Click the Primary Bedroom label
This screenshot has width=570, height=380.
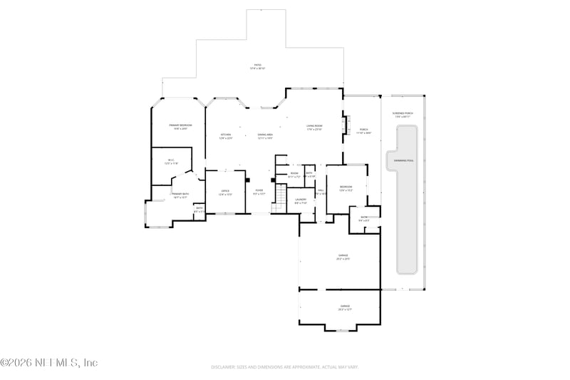178,127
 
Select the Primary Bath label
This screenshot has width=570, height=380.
180,195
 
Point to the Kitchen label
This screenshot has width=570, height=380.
225,136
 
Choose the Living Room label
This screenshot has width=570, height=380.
314,128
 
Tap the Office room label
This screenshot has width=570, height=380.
225,192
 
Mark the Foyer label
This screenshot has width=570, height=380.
259,192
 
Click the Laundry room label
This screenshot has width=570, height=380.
301,200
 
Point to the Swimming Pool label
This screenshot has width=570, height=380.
405,160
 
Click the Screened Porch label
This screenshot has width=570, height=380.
403,115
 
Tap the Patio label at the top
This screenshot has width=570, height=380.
257,66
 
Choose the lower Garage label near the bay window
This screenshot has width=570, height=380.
344,307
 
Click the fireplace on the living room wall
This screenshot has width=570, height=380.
348,126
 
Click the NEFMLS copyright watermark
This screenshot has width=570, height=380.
48,363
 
